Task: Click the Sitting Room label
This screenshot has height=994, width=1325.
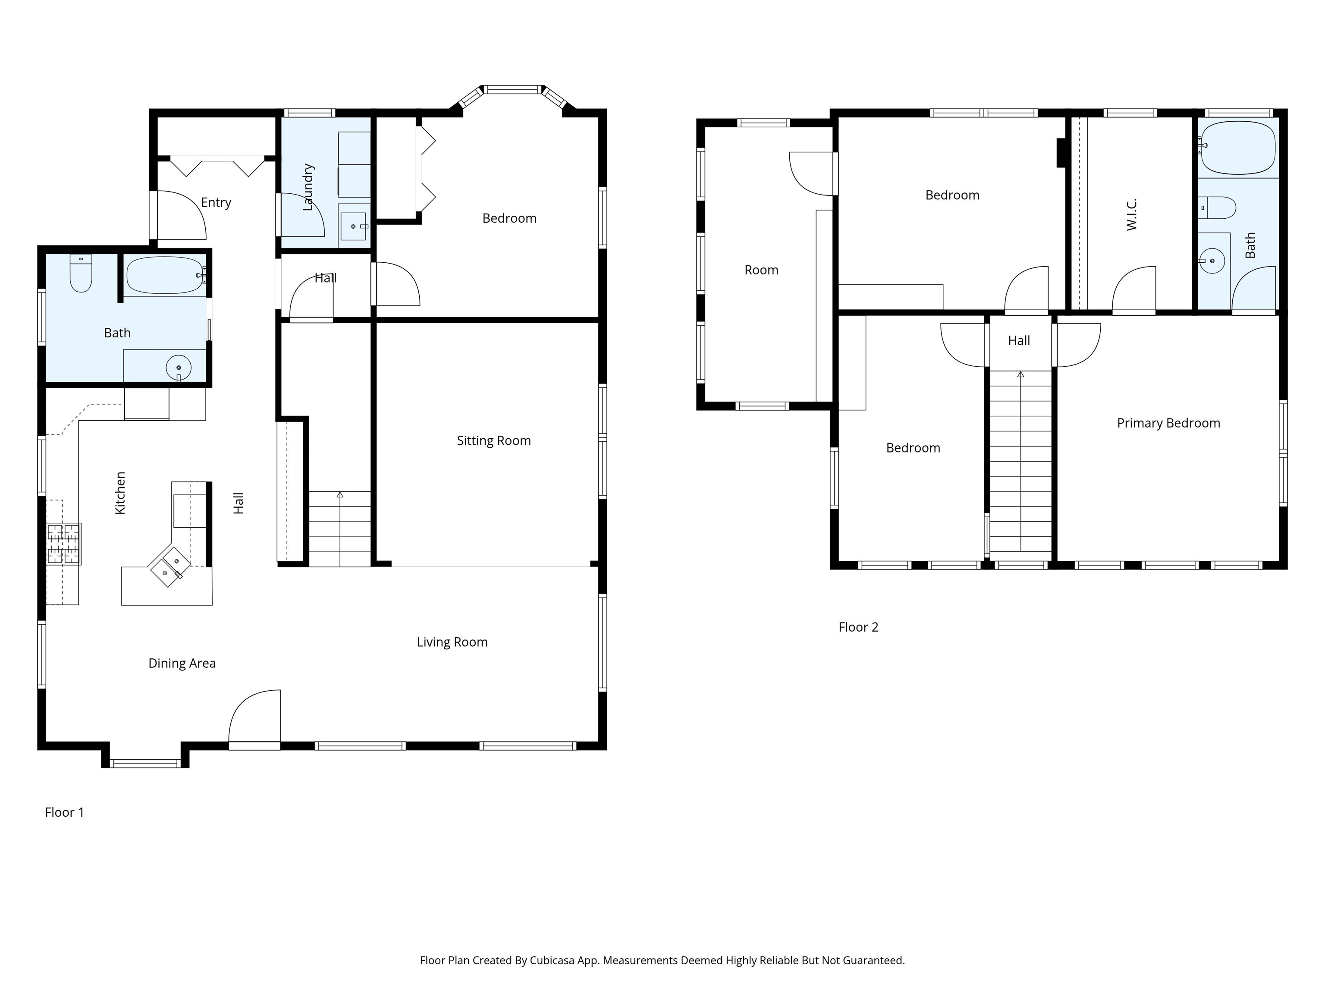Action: pyautogui.click(x=493, y=441)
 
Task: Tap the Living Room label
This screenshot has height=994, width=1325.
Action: pyautogui.click(x=452, y=642)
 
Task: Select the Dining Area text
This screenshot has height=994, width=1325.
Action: pyautogui.click(x=182, y=663)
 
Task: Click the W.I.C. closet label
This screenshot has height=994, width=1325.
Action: pyautogui.click(x=1131, y=214)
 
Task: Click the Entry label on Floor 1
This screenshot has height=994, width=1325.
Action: pyautogui.click(x=216, y=202)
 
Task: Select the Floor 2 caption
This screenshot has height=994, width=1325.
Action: pyautogui.click(x=858, y=627)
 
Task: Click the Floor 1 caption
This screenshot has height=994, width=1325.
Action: pyautogui.click(x=65, y=812)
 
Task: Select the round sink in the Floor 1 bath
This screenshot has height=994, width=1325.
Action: pyautogui.click(x=179, y=367)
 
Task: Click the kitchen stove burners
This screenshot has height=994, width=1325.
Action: pyautogui.click(x=63, y=544)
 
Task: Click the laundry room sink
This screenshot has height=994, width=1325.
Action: pyautogui.click(x=353, y=226)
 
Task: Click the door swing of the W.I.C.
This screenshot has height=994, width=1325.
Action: pyautogui.click(x=1134, y=288)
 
